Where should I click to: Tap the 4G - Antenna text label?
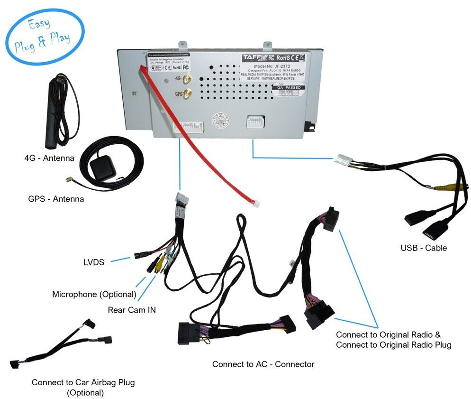point(49,158)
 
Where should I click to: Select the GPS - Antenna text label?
point(56,199)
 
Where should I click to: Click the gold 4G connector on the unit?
point(187,78)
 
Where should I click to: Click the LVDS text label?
point(94,261)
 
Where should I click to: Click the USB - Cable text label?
point(424,248)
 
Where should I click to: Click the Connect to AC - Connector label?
point(263,364)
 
